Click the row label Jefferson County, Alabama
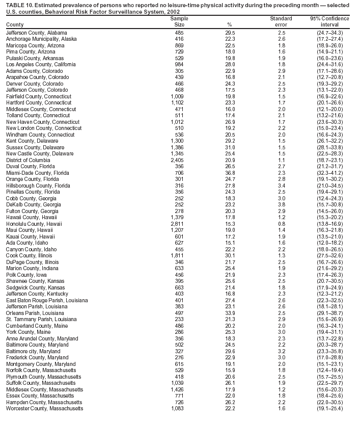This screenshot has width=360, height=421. point(37,33)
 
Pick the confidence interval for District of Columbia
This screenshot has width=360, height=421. point(329,160)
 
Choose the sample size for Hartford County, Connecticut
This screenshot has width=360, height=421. point(179,103)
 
